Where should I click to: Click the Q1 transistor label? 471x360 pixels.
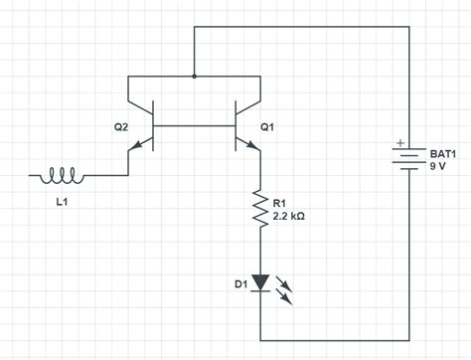coord(266,127)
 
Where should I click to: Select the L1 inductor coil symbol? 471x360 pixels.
coord(62,176)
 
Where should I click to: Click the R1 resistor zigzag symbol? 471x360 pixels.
coord(260,210)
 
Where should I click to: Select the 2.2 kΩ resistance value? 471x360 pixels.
coord(288,215)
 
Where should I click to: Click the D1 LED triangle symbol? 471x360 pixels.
coord(260,283)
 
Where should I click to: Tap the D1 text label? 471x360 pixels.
coord(240,285)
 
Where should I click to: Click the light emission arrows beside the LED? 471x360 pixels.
coord(287,289)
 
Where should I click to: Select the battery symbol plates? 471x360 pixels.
coord(407,160)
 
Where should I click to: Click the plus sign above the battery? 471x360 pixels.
coord(400,142)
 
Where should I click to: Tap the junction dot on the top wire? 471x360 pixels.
coord(194,76)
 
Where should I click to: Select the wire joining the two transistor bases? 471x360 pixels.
coord(194,126)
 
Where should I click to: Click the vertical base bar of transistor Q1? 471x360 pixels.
coord(235,126)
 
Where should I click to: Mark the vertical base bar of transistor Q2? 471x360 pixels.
coord(153,126)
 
